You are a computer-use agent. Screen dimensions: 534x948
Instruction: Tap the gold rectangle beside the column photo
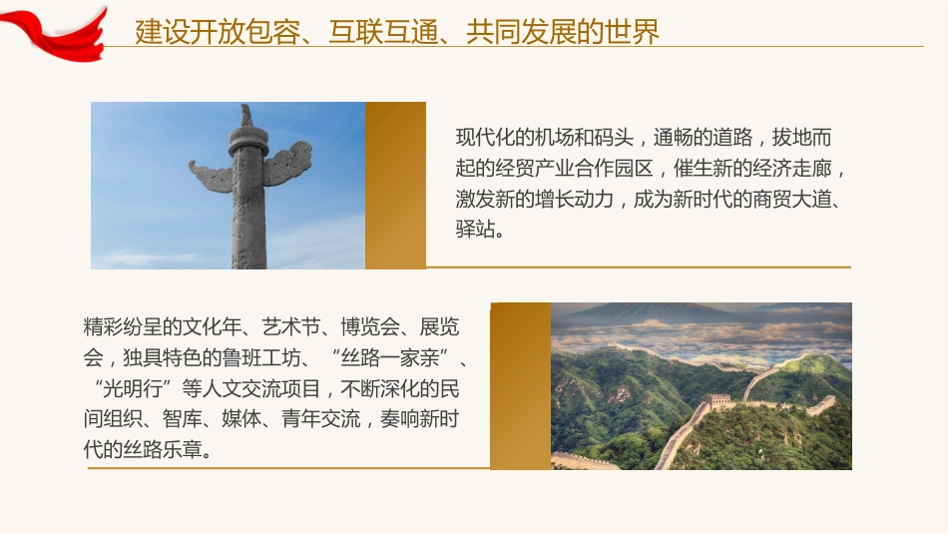point(395,186)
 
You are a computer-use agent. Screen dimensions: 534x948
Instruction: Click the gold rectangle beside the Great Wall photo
point(520,385)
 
